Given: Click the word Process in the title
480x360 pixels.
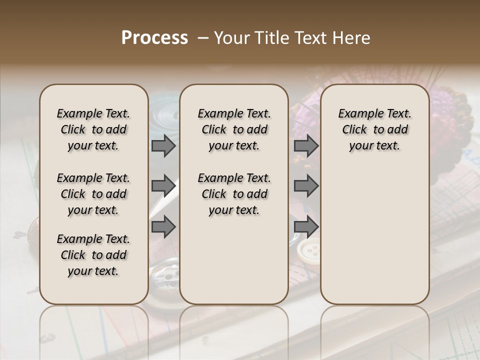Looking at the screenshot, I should [154, 37].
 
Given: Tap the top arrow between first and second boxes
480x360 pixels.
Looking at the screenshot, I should [163, 146].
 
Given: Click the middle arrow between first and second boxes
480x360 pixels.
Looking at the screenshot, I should [163, 186].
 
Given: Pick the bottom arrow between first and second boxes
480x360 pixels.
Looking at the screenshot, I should [163, 227].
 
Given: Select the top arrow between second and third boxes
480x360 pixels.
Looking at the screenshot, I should [306, 146].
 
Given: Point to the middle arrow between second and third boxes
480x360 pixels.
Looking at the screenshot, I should [306, 186].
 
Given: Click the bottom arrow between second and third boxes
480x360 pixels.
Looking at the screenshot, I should [306, 227].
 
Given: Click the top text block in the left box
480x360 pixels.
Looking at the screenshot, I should [93, 129].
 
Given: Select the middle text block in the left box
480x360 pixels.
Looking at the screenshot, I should [93, 194].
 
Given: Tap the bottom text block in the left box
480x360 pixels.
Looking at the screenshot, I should [93, 255].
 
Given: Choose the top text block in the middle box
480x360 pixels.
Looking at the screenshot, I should [234, 129].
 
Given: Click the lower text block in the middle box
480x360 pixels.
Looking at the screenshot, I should [234, 194].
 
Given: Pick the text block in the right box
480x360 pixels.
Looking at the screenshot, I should [374, 129].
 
